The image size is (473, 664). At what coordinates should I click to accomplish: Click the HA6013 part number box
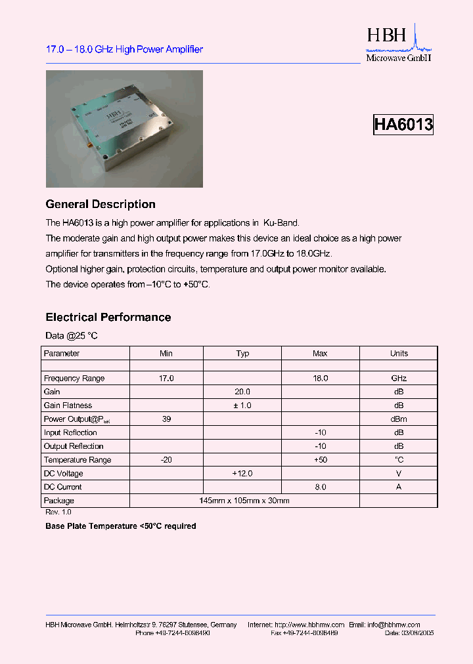click(403, 125)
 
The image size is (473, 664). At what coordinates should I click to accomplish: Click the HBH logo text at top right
click(387, 35)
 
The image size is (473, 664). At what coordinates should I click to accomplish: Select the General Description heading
click(101, 204)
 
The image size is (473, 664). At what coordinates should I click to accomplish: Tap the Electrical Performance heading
click(108, 317)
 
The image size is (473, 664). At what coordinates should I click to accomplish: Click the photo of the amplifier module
click(124, 129)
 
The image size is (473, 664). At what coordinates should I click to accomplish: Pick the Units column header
click(399, 353)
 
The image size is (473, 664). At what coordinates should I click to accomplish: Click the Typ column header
click(242, 353)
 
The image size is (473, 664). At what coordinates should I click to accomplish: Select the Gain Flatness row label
click(68, 405)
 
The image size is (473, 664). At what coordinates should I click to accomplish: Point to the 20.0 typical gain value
click(242, 392)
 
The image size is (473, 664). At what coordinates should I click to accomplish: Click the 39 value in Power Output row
click(166, 419)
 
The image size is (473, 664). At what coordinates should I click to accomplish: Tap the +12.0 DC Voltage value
click(242, 473)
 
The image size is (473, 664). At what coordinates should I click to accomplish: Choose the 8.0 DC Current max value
click(320, 487)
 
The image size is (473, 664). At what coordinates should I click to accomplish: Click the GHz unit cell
click(399, 379)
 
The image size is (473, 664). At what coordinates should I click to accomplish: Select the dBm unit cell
click(399, 419)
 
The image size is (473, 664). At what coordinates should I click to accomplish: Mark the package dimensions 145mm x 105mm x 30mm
click(244, 501)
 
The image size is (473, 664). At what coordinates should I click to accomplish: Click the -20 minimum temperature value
click(166, 460)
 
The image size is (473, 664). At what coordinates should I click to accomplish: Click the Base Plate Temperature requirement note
click(121, 526)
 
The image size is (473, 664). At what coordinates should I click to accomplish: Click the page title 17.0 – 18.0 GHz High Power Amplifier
click(124, 49)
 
